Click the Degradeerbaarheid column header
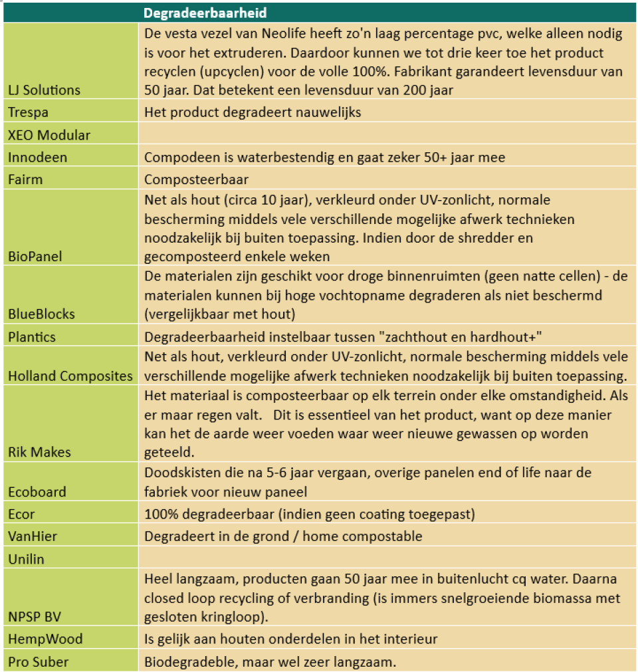(206, 13)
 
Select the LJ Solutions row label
(44, 90)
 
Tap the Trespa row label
(28, 112)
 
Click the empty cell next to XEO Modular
(385, 135)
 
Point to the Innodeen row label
(38, 158)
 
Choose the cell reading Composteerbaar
(197, 180)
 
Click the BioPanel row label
(35, 256)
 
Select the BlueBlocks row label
(41, 314)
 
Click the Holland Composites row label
(70, 376)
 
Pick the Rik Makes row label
(39, 452)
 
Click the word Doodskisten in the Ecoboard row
(180, 473)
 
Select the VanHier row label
(33, 536)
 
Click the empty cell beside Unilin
(385, 559)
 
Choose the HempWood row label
(45, 639)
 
